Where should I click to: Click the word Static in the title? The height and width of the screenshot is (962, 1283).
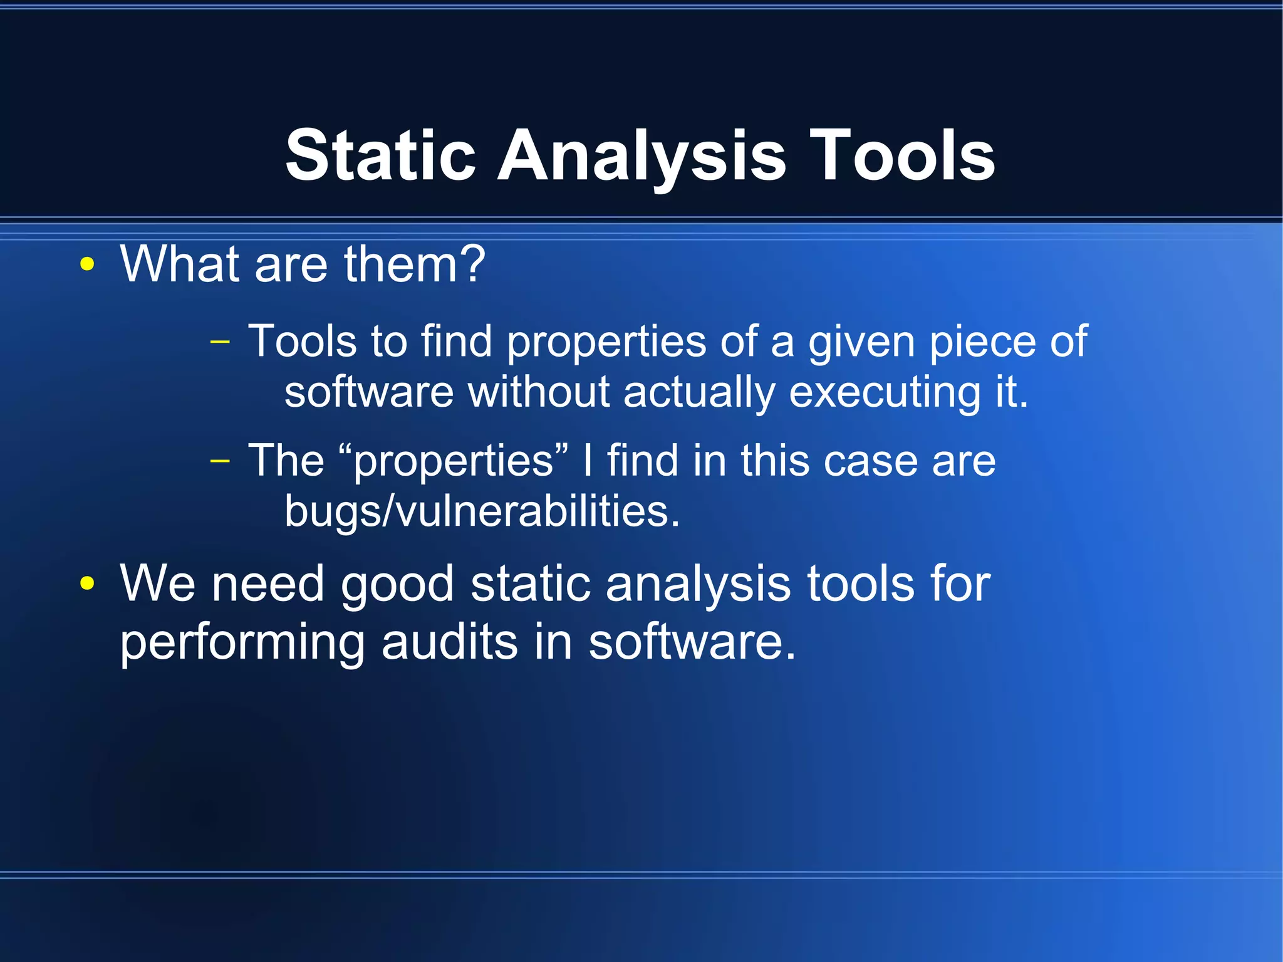[x=380, y=155]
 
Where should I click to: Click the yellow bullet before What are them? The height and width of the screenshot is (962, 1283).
[x=87, y=265]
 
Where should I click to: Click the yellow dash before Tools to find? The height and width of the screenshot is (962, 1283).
[x=220, y=342]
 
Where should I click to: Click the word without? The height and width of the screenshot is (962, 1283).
[x=539, y=392]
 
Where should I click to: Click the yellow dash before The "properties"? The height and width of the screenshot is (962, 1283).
[x=220, y=461]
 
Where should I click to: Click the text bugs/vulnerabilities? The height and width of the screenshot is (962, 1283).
[x=482, y=511]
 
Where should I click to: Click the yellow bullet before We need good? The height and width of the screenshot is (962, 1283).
[x=87, y=584]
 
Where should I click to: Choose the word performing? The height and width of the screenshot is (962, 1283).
[x=242, y=643]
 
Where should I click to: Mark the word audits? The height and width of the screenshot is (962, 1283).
[x=450, y=642]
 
